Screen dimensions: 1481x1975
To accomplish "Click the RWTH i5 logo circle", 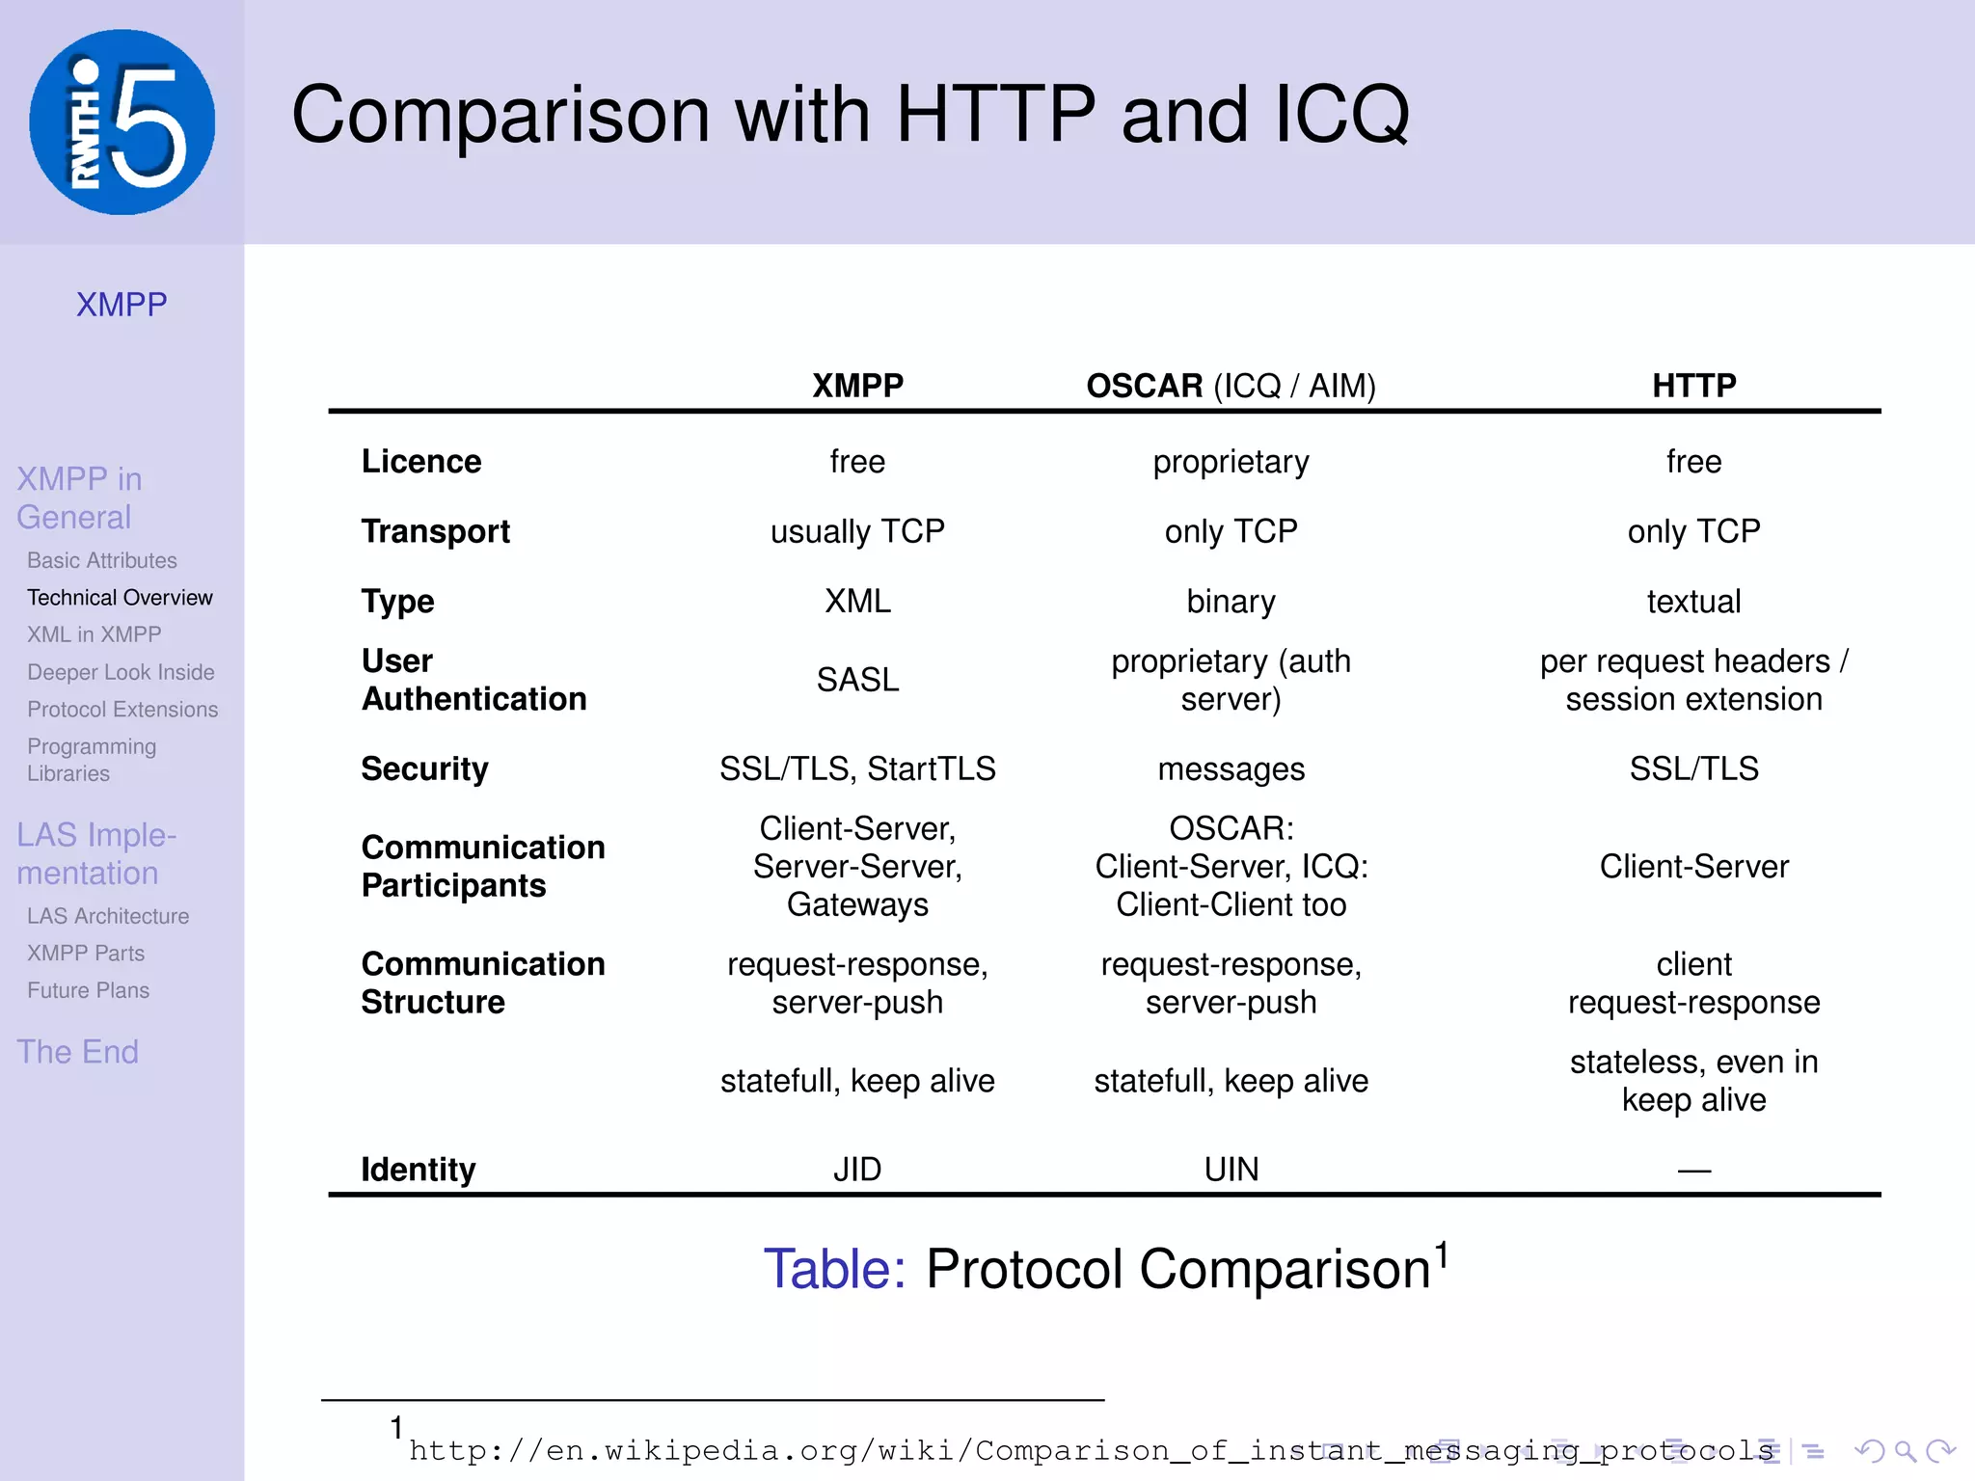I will pyautogui.click(x=122, y=122).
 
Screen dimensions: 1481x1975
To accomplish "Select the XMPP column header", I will pyautogui.click(x=857, y=386).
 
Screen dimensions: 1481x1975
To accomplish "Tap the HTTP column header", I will pyautogui.click(x=1693, y=386).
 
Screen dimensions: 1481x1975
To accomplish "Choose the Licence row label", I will pyautogui.click(x=421, y=462).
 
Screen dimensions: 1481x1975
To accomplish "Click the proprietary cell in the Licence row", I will pyautogui.click(x=1231, y=462).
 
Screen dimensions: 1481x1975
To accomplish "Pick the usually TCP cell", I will pyautogui.click(x=857, y=531).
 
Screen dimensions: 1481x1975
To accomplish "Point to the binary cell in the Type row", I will pyautogui.click(x=1231, y=602).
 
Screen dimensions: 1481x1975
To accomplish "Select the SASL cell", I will pyautogui.click(x=857, y=680).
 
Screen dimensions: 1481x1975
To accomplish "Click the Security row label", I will pyautogui.click(x=424, y=768).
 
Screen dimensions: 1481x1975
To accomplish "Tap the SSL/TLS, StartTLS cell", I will pyautogui.click(x=857, y=768).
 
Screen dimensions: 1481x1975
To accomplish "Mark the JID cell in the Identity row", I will pyautogui.click(x=857, y=1170).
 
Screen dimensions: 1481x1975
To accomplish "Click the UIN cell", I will pyautogui.click(x=1231, y=1170).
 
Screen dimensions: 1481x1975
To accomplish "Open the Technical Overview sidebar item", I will pyautogui.click(x=120, y=598).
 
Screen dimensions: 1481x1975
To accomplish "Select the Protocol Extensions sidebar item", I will pyautogui.click(x=122, y=710).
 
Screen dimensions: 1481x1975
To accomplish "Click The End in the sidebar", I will pyautogui.click(x=77, y=1052).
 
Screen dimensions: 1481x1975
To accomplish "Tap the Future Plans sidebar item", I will pyautogui.click(x=88, y=990).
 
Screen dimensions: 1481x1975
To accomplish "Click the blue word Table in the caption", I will pyautogui.click(x=834, y=1269).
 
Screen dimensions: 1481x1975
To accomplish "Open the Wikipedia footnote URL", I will pyautogui.click(x=1090, y=1450).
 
